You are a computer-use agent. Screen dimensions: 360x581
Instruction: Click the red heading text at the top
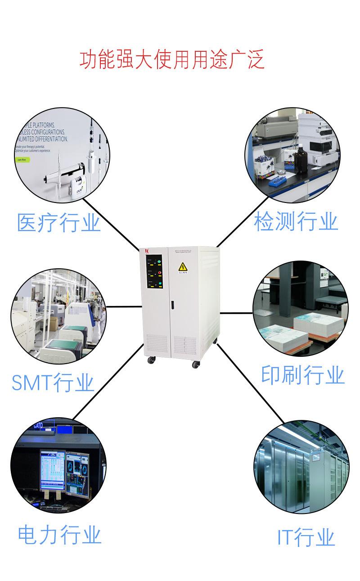pyautogui.click(x=172, y=60)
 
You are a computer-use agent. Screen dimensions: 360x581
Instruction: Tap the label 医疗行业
pyautogui.click(x=58, y=223)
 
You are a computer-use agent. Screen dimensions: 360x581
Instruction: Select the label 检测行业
pyautogui.click(x=296, y=222)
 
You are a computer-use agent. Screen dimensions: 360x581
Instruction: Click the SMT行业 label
pyautogui.click(x=53, y=383)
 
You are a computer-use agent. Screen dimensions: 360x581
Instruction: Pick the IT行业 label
pyautogui.click(x=306, y=538)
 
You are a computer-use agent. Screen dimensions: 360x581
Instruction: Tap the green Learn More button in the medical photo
pyautogui.click(x=22, y=159)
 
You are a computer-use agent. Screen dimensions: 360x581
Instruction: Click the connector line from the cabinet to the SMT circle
pyautogui.click(x=124, y=307)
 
